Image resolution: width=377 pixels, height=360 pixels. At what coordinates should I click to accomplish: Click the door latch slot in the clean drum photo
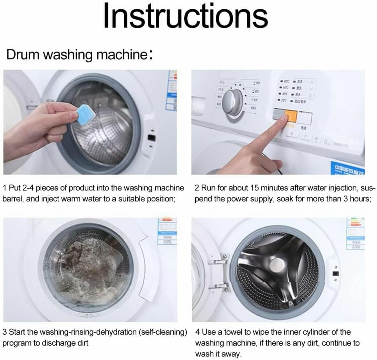pos(335,274)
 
